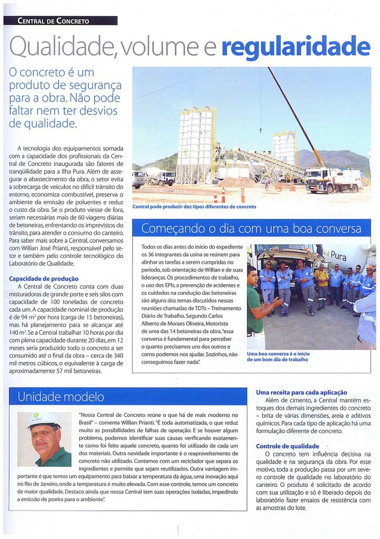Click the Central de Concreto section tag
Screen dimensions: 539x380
tap(54, 21)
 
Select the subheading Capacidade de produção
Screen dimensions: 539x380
tap(44, 278)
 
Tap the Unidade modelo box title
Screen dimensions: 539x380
tap(61, 396)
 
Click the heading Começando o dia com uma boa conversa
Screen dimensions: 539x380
tap(251, 228)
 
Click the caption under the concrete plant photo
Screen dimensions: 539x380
tap(194, 206)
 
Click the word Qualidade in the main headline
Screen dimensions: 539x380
tap(64, 47)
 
